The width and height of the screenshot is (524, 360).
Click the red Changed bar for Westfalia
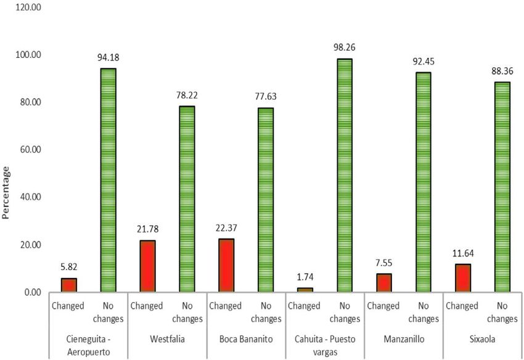[147, 266]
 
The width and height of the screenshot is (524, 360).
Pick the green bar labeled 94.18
[107, 180]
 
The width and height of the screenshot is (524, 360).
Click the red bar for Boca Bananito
[227, 265]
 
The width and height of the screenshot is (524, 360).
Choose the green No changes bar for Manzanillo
[423, 182]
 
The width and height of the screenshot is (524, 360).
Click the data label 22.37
[227, 228]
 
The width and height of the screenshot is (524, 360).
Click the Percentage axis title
[7, 192]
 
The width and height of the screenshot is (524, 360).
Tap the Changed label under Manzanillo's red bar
[383, 306]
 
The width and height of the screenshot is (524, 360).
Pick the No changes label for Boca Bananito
[266, 312]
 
